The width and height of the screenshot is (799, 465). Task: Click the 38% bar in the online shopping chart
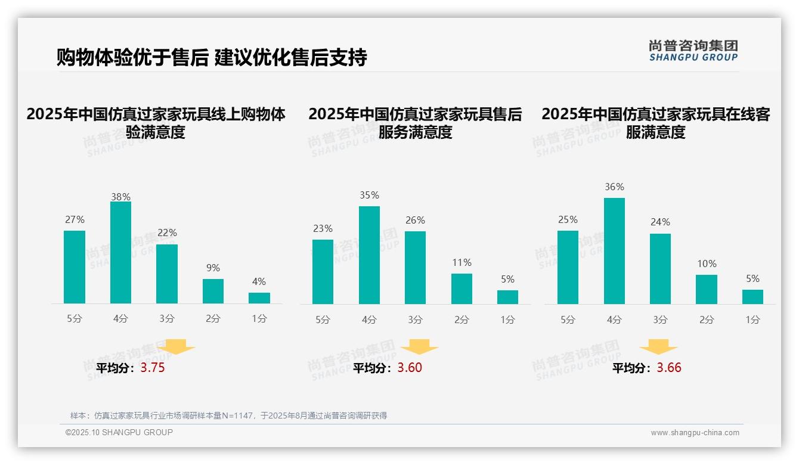coord(120,253)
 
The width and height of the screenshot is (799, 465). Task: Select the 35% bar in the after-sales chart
coord(369,255)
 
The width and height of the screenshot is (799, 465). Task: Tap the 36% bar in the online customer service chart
coord(614,251)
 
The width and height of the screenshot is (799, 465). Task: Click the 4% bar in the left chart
coord(259,298)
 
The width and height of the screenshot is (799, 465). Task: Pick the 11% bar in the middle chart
coord(462,289)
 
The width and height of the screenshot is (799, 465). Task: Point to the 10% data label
coord(707,263)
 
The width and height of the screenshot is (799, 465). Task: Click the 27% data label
coord(75,219)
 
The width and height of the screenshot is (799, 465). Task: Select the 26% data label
coord(415,220)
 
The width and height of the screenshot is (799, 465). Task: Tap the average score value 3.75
coord(153,368)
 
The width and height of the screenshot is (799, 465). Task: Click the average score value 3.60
coord(410,368)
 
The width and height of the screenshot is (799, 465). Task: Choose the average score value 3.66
coord(669,368)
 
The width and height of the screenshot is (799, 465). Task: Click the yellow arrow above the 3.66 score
coord(658,347)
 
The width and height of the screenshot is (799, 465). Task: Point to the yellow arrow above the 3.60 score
coord(419,347)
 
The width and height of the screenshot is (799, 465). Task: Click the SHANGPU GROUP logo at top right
coord(693,51)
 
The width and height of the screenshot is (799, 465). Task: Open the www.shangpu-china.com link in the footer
coord(695,433)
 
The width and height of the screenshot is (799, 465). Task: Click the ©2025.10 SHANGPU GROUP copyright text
coord(119,432)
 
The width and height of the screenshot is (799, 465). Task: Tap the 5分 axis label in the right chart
coord(568,320)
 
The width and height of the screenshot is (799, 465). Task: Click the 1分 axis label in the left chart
coord(259,319)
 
